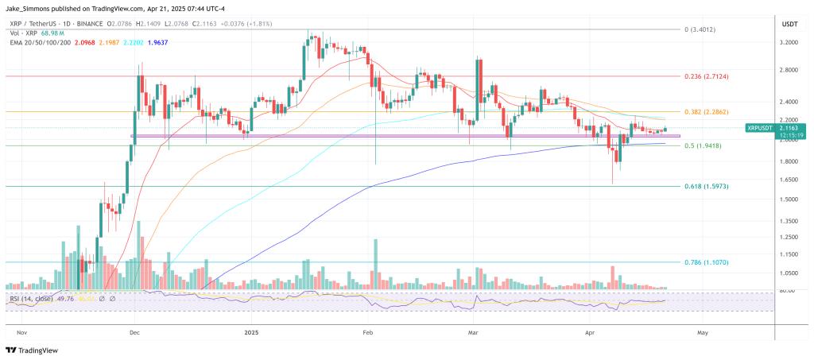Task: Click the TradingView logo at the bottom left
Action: point(37,350)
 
